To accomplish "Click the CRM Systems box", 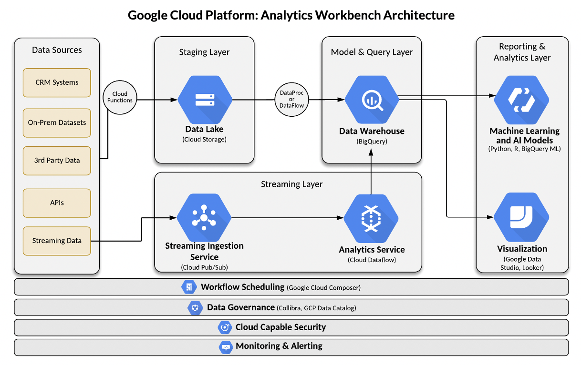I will (57, 82).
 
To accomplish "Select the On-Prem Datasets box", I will (57, 122).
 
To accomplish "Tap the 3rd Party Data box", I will (57, 161).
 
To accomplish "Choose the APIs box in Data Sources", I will (57, 203).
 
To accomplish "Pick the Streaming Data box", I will (57, 241).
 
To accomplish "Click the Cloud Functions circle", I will (120, 97).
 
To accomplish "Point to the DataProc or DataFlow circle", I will (291, 99).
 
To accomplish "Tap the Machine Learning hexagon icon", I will (521, 100).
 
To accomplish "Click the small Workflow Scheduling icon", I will (189, 287).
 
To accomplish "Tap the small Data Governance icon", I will (195, 308).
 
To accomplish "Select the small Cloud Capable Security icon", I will (225, 327).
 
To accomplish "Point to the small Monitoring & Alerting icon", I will (225, 346).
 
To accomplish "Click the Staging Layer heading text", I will (204, 52).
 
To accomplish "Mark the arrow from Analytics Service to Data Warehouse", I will (371, 172).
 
